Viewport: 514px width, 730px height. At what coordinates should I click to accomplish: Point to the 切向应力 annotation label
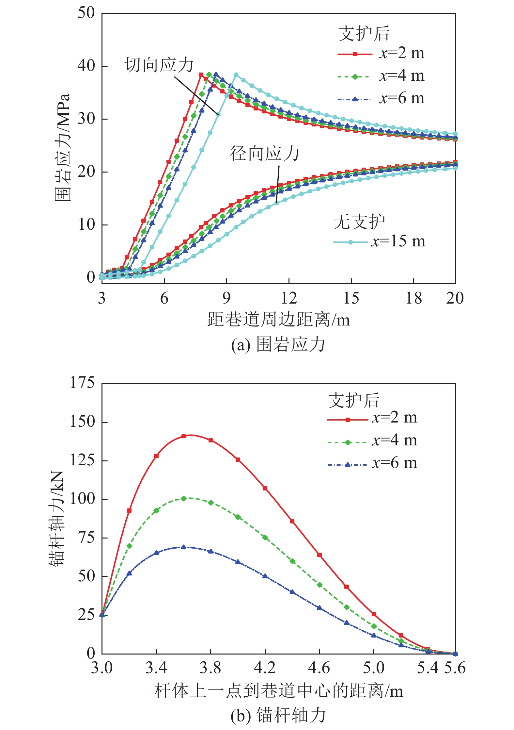(159, 65)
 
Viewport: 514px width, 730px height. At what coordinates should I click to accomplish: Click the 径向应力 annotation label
(264, 154)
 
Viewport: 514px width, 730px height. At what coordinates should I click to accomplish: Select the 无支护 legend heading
(359, 222)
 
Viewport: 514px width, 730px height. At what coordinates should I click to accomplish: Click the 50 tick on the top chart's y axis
(86, 13)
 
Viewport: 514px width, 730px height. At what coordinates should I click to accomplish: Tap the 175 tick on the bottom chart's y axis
(82, 383)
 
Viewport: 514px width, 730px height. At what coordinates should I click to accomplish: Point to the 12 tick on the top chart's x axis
(289, 298)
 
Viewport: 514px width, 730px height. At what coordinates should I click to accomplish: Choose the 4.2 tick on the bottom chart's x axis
(265, 668)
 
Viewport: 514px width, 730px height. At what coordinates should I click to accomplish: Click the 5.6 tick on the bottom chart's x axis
(455, 668)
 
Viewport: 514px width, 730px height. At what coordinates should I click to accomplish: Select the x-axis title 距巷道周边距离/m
(278, 320)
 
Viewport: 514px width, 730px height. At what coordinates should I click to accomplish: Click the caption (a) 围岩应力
(278, 345)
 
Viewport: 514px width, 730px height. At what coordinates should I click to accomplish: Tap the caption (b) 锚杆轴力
(278, 715)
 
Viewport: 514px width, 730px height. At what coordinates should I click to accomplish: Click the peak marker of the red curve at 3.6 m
(184, 436)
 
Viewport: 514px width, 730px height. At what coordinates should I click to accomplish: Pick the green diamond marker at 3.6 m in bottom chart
(184, 499)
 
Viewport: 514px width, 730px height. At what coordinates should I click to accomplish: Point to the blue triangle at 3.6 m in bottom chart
(184, 547)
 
